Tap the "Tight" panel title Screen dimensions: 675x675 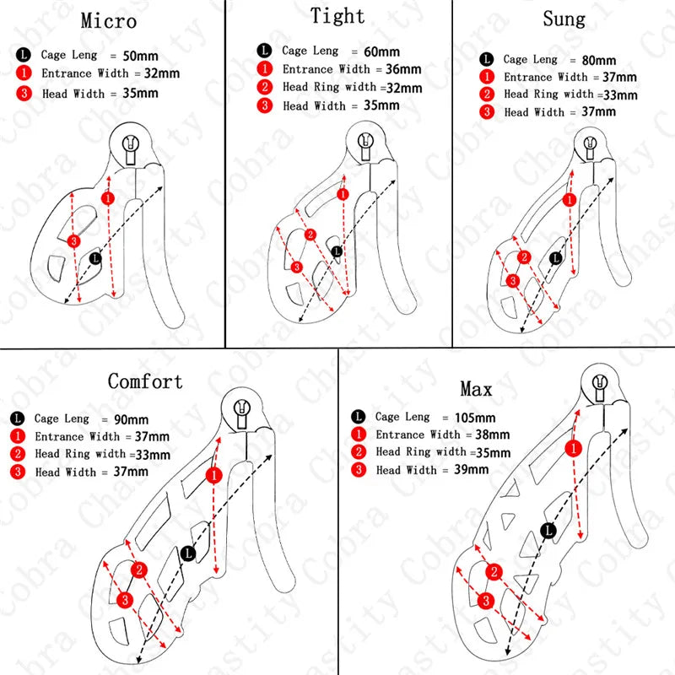pos(337,16)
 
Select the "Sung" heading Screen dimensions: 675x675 pos(563,19)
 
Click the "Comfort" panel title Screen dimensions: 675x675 pos(145,381)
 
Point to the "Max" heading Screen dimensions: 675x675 pos(476,389)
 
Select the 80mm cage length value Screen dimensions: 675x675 pos(598,60)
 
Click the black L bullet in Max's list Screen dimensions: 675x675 pos(359,417)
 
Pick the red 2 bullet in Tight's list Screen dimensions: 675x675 pos(267,87)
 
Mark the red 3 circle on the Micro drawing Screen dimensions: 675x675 pos(73,241)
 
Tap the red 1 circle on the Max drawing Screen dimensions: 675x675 pos(574,447)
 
